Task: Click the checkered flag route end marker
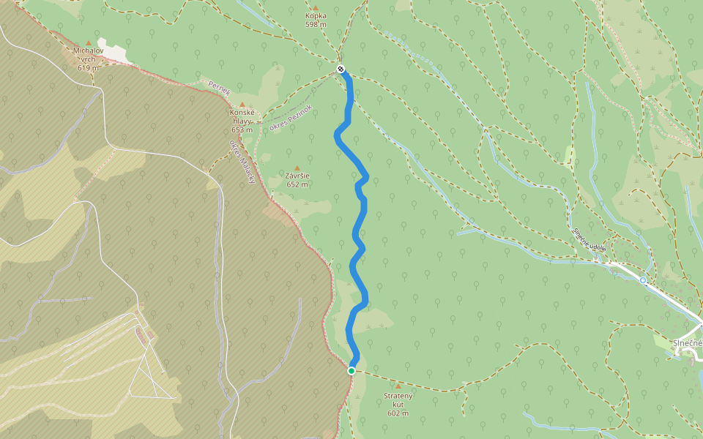pyautogui.click(x=341, y=70)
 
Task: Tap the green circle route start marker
pyautogui.click(x=351, y=371)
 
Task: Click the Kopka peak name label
pyautogui.click(x=316, y=15)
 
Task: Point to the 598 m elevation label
pyautogui.click(x=316, y=25)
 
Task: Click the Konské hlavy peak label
pyautogui.click(x=241, y=117)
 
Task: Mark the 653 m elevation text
pyautogui.click(x=242, y=130)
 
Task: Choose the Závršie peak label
pyautogui.click(x=297, y=176)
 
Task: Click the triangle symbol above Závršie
pyautogui.click(x=297, y=168)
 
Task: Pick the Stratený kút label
pyautogui.click(x=398, y=400)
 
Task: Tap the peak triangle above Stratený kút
pyautogui.click(x=398, y=386)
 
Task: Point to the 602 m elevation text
pyautogui.click(x=398, y=413)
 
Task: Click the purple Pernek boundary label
pyautogui.click(x=219, y=86)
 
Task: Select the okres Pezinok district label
pyautogui.click(x=291, y=118)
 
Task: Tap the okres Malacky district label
pyautogui.click(x=242, y=161)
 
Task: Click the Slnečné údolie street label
pyautogui.click(x=589, y=239)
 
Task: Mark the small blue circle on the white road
pyautogui.click(x=643, y=280)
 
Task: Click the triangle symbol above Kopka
pyautogui.click(x=316, y=7)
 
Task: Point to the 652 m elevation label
pyautogui.click(x=297, y=184)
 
